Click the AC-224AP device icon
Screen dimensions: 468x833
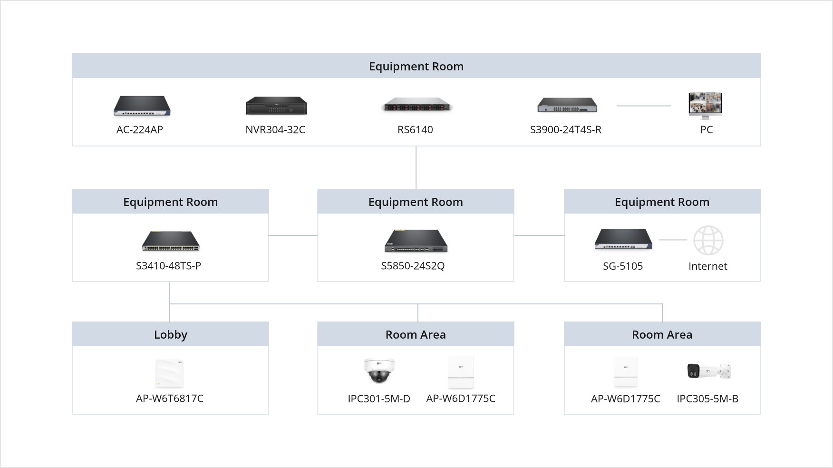[x=142, y=106]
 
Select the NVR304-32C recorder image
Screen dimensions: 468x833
[x=276, y=106]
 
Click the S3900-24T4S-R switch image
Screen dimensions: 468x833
[x=567, y=105]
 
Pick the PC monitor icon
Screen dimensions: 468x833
[x=705, y=105]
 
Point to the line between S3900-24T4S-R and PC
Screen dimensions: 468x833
[x=643, y=106]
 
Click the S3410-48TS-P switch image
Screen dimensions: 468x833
[x=171, y=241]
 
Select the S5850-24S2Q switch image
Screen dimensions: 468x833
[x=416, y=241]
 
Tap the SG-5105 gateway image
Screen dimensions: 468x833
[x=623, y=240]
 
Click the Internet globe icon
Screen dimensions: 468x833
[x=708, y=240]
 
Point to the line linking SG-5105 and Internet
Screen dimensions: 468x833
[x=673, y=240]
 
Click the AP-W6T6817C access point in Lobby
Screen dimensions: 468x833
[x=169, y=373]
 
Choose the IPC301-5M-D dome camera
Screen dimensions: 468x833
[x=379, y=370]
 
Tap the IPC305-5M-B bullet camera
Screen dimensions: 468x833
[x=708, y=371]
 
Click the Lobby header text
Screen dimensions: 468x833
[x=171, y=334]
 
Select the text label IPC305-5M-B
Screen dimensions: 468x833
[x=707, y=399]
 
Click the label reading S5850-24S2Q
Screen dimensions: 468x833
[x=413, y=266]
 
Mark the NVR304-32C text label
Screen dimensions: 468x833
[x=275, y=129]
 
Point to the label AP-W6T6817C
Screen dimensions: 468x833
[x=170, y=399]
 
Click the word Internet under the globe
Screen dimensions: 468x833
[x=707, y=266]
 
